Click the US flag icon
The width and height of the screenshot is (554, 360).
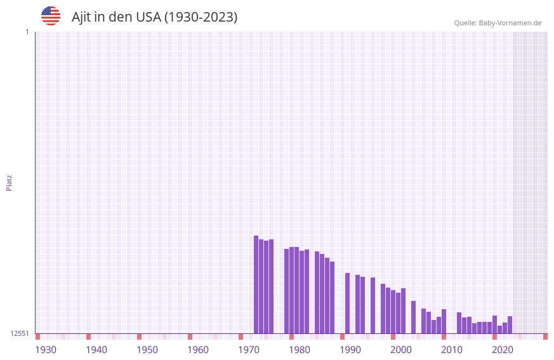point(51,16)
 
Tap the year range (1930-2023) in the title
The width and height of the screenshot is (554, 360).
point(201,17)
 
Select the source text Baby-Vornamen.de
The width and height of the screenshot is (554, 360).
point(510,23)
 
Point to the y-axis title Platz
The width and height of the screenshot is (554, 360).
point(9,182)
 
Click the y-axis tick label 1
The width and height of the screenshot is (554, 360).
point(27,32)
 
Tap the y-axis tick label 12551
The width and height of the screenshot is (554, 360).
point(20,333)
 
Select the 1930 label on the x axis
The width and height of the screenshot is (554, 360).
point(46,350)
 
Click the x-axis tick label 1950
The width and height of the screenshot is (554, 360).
point(147,350)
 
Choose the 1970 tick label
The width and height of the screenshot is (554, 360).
point(249,350)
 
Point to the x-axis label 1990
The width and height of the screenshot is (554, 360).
point(350,350)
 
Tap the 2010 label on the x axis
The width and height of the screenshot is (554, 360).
point(452,350)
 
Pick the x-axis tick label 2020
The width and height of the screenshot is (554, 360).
point(503,350)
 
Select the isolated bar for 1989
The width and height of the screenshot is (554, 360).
point(348,303)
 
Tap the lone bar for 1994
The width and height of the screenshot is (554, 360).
point(373,305)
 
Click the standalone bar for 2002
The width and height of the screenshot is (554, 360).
point(414,317)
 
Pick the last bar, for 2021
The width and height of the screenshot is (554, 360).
point(510,324)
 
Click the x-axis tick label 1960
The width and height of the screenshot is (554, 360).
point(198,350)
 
